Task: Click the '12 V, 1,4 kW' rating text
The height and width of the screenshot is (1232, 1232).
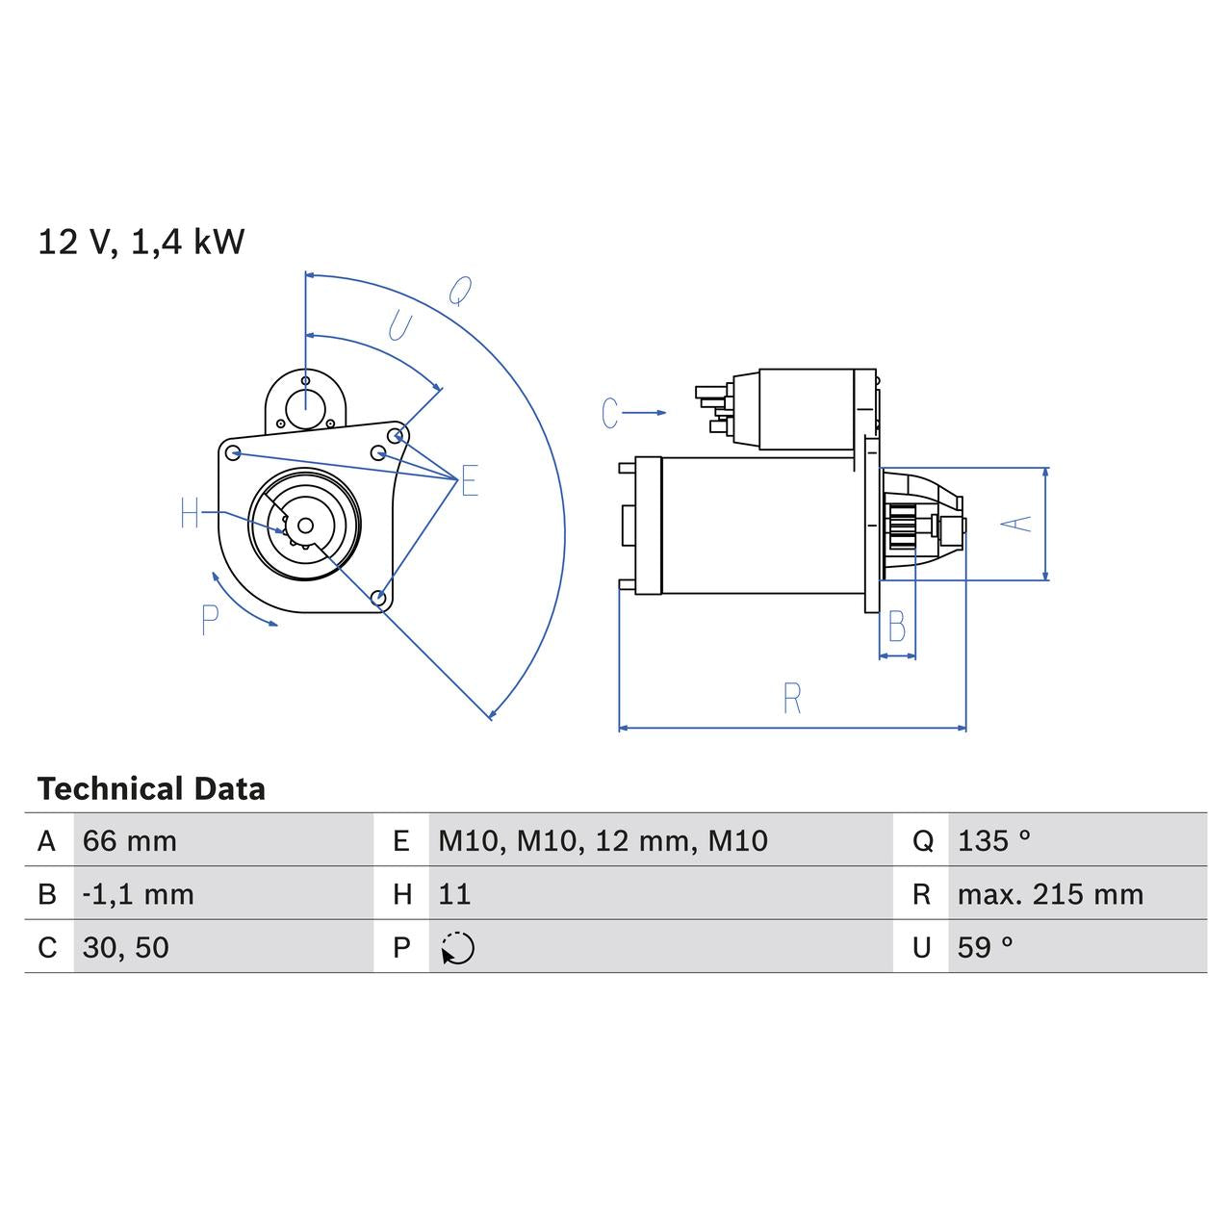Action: pos(141,242)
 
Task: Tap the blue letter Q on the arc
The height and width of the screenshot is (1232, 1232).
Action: pos(461,291)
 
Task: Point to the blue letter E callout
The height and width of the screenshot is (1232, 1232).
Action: pos(469,481)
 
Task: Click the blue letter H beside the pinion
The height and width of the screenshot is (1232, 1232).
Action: pos(190,515)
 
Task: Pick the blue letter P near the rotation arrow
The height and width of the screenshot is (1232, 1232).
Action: pos(211,621)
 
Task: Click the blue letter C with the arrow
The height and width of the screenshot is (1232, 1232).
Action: pos(610,413)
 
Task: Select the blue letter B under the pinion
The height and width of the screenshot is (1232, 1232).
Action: pos(896,628)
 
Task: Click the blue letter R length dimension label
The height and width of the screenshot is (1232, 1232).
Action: pos(792,699)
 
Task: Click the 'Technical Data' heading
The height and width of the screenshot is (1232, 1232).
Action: pos(151,789)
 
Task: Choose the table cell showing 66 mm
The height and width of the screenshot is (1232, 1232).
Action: pos(130,841)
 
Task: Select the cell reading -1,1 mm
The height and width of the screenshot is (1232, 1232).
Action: pos(139,894)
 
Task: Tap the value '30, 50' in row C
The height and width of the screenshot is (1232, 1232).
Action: pos(126,947)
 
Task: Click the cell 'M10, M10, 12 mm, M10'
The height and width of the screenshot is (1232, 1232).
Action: pos(603,841)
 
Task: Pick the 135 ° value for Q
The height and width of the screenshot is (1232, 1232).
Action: pos(993,841)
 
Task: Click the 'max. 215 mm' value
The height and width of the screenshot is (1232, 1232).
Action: pos(1050,894)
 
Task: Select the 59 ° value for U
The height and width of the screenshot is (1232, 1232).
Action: pos(985,947)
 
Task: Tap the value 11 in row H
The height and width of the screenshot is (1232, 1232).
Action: pos(454,894)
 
